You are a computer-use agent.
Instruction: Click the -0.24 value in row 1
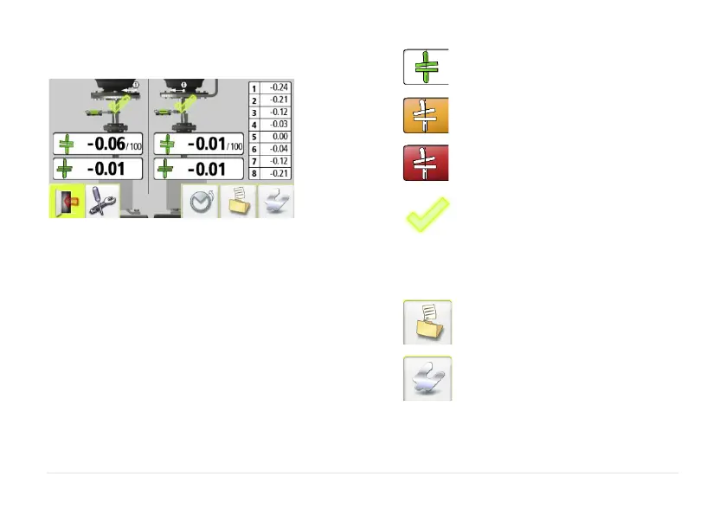click(279, 87)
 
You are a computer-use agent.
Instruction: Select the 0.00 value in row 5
click(279, 137)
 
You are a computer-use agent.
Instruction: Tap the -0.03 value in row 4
click(279, 125)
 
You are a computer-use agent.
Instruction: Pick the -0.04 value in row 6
click(279, 149)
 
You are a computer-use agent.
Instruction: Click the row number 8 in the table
click(254, 174)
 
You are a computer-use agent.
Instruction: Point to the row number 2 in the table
click(254, 100)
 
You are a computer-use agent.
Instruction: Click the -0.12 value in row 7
click(279, 161)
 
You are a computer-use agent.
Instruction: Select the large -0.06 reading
click(106, 144)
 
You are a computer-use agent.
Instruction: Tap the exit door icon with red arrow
click(67, 202)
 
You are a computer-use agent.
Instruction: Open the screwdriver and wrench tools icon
click(103, 202)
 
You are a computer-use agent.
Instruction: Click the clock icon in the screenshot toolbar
click(199, 202)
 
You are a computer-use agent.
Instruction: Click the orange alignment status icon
click(426, 114)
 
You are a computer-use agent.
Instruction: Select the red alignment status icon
click(426, 162)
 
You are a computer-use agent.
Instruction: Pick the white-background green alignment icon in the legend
click(426, 67)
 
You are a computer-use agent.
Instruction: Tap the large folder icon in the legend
click(427, 323)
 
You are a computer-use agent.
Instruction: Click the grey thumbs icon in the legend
click(427, 377)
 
